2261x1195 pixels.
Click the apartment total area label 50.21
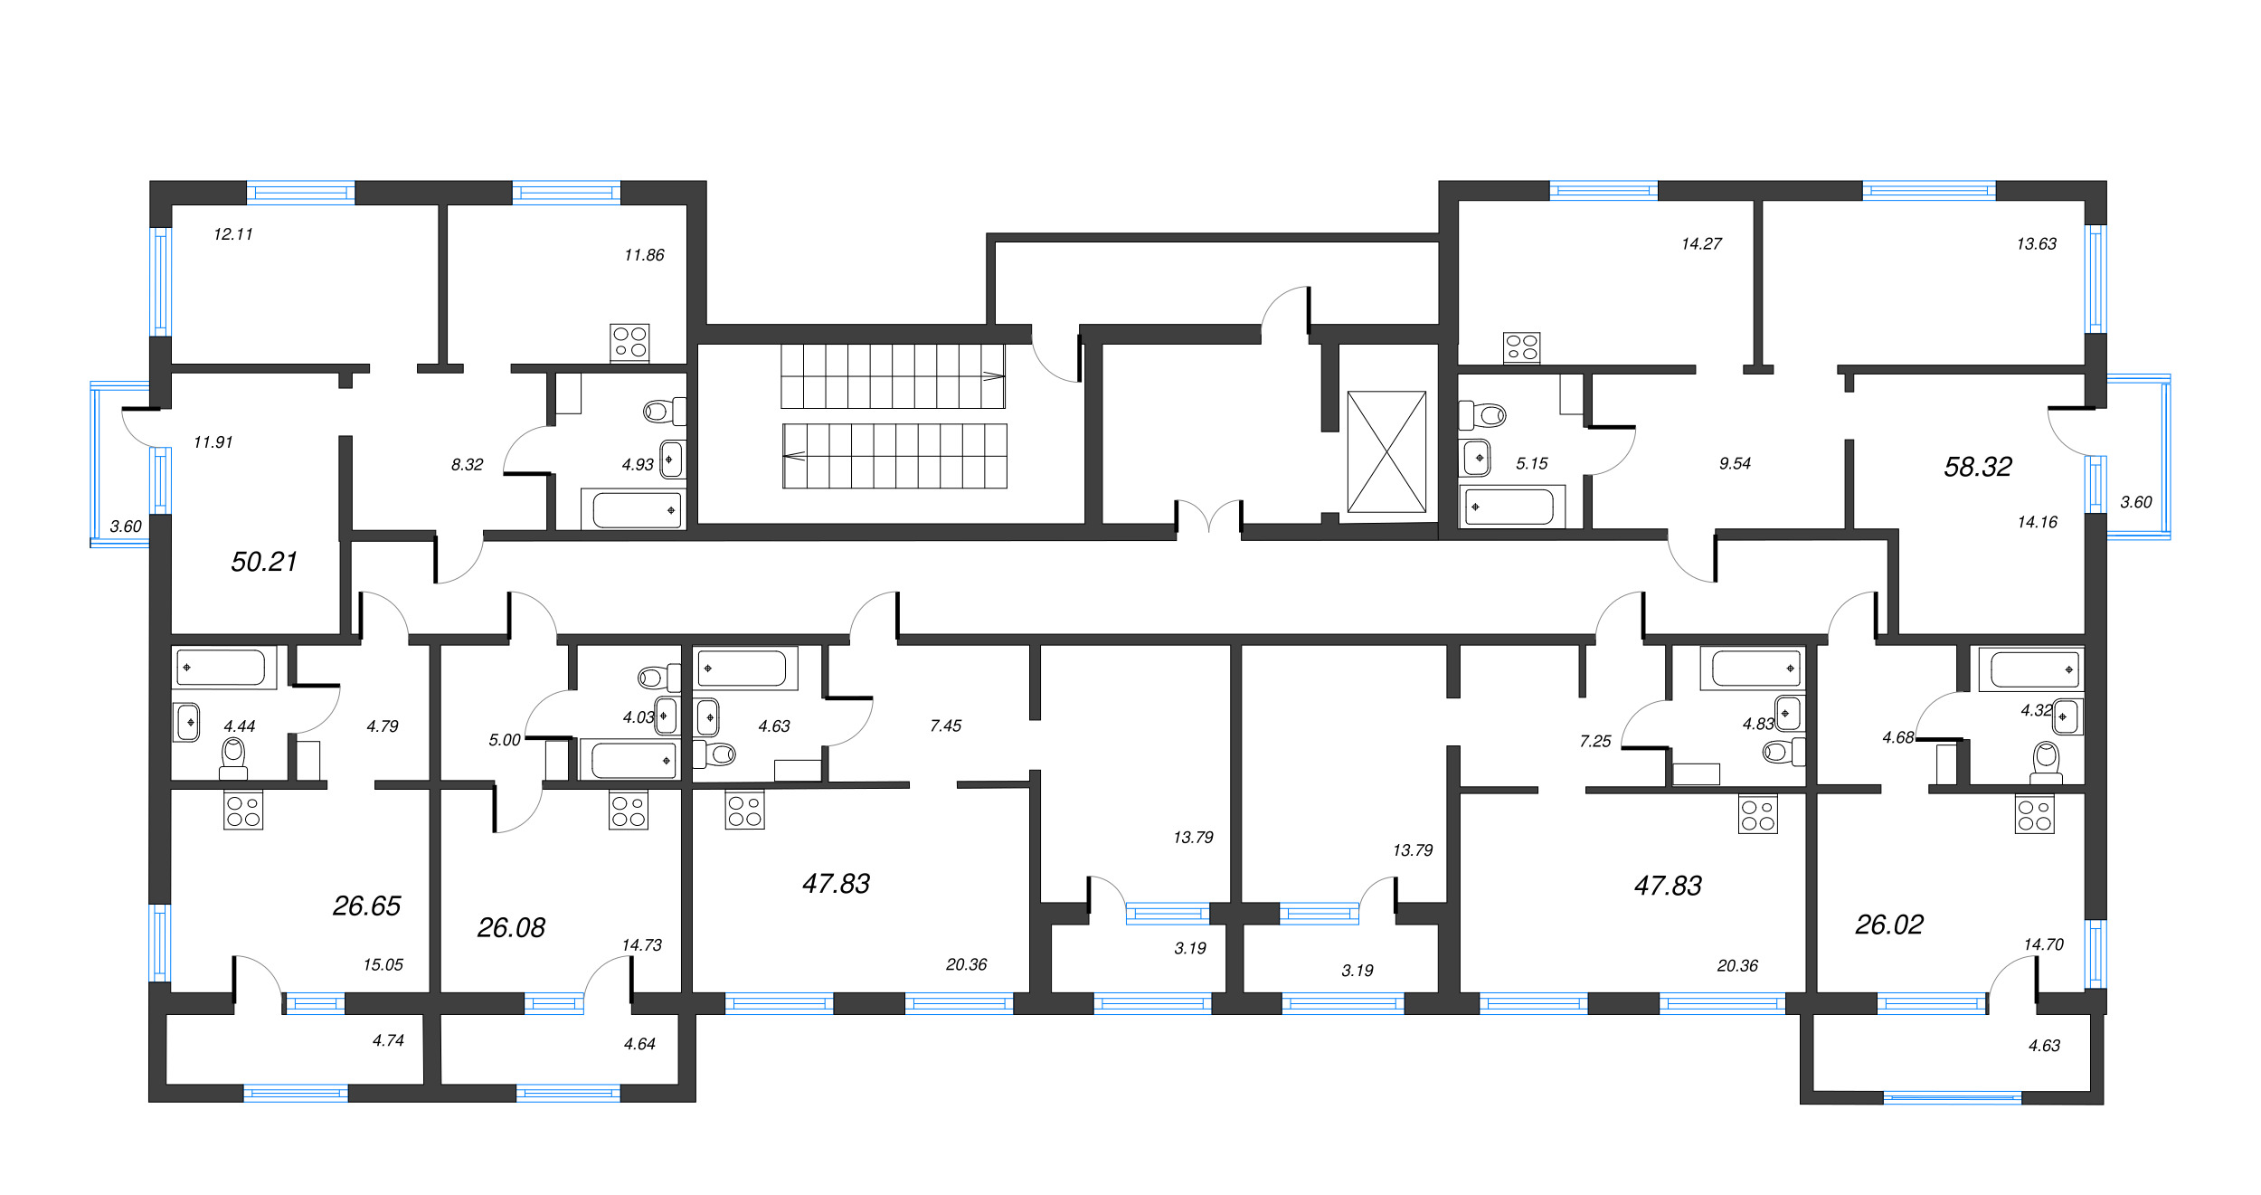tap(264, 562)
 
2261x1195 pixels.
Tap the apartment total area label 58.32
tap(1978, 467)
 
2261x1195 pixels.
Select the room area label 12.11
tap(233, 234)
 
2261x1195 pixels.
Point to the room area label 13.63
tap(2037, 243)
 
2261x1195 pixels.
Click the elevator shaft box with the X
tap(1386, 451)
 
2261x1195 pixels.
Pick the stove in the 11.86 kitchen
tap(629, 343)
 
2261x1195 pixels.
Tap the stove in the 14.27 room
tap(1522, 348)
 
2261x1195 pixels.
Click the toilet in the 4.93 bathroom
tap(665, 412)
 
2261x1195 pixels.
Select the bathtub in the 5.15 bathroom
tap(1511, 507)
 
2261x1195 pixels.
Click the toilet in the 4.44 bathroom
tap(233, 758)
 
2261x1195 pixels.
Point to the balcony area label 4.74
tap(388, 1040)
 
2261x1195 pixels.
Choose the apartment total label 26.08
tap(511, 927)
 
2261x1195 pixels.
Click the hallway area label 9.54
tap(1735, 463)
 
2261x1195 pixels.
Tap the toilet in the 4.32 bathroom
tap(2046, 763)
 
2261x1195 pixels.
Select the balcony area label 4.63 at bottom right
tap(2044, 1046)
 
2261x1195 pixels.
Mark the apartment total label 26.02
tap(1889, 925)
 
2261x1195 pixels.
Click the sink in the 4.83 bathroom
tap(1789, 713)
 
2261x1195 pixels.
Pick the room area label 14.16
tap(2037, 522)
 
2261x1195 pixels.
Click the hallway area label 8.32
tap(467, 465)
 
